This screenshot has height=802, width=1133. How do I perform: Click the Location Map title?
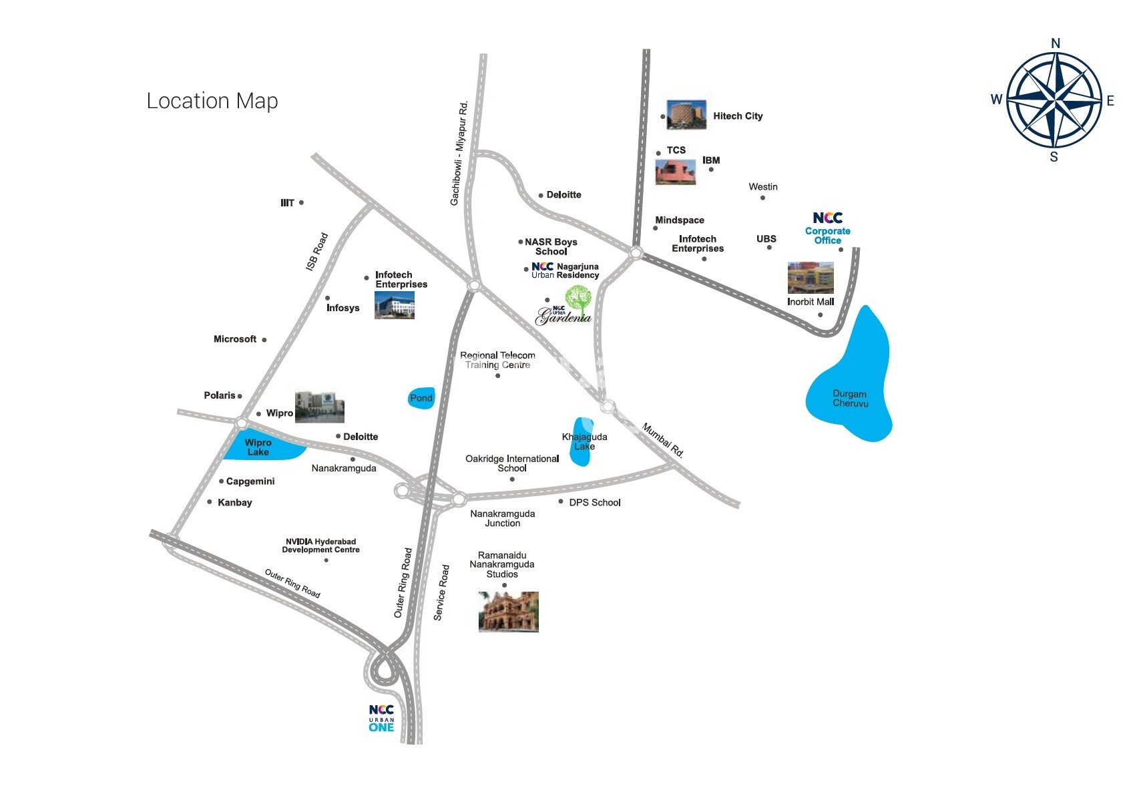click(x=212, y=101)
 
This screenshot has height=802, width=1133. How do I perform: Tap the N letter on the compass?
click(x=1055, y=43)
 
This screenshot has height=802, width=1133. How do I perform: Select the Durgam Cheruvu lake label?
click(x=850, y=399)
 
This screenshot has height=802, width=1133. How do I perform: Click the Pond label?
click(x=421, y=398)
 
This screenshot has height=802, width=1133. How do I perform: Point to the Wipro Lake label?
click(x=258, y=447)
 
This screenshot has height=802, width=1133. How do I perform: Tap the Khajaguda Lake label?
click(x=584, y=441)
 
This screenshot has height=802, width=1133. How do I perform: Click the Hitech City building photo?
click(x=686, y=115)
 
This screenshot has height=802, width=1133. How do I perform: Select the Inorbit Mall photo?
click(x=811, y=278)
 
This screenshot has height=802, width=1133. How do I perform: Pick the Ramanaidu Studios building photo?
click(x=508, y=611)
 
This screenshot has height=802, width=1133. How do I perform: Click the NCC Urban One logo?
click(x=381, y=719)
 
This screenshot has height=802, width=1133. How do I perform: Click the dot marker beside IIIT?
click(x=301, y=202)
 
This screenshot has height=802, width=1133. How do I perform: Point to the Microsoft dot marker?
click(x=264, y=340)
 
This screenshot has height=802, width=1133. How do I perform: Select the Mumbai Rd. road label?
click(x=663, y=439)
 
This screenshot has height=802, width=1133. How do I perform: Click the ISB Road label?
click(x=317, y=252)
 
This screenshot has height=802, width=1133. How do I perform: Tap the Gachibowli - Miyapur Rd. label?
click(x=459, y=154)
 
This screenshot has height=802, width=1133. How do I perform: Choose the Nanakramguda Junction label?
click(x=503, y=518)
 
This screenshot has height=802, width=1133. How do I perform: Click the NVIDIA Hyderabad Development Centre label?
click(x=320, y=546)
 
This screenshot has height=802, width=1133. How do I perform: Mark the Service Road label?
click(x=441, y=592)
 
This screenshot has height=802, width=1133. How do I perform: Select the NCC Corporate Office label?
click(x=827, y=228)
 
